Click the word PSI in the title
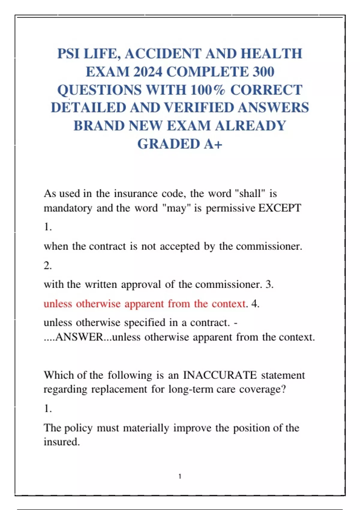69,54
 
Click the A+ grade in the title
213,144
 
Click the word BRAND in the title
99,126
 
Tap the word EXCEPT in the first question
280,208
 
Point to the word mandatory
68,208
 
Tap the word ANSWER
79,337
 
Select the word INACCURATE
220,375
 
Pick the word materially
146,427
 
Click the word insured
61,442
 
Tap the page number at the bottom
180,476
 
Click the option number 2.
48,265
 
